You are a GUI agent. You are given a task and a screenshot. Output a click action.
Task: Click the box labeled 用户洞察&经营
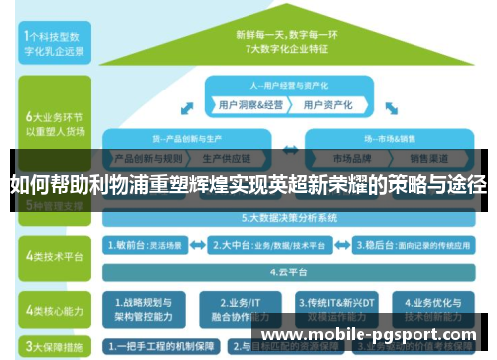[245, 103]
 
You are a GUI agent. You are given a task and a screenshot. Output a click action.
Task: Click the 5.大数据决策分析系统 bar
[288, 217]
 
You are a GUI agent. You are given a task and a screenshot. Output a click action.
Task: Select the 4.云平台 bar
[288, 270]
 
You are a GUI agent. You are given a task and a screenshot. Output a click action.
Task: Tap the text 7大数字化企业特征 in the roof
[287, 45]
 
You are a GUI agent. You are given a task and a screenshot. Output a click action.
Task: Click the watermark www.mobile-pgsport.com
[368, 335]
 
